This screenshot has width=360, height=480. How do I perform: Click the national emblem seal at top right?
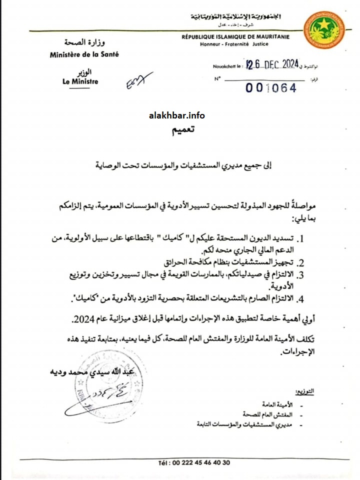[324, 29]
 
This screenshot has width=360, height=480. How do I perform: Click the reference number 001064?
[271, 88]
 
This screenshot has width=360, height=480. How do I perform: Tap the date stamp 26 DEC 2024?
[272, 64]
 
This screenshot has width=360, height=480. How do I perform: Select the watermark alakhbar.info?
[176, 115]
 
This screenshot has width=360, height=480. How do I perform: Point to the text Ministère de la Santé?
[84, 54]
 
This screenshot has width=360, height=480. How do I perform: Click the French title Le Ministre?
[80, 82]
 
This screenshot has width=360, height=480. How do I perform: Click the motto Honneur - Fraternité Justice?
[234, 44]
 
